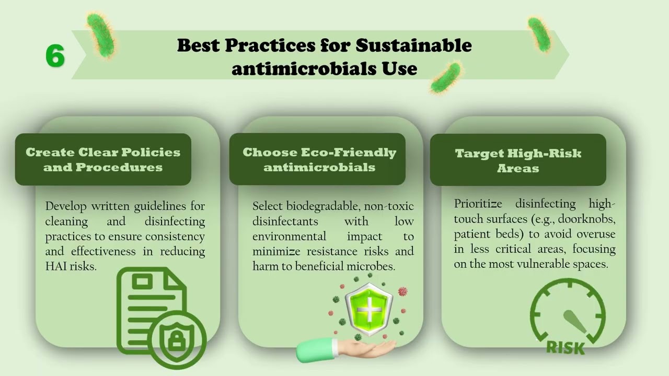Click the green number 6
(55, 56)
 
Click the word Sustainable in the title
(413, 45)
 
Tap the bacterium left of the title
(100, 35)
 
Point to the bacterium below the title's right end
(445, 77)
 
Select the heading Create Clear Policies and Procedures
(103, 160)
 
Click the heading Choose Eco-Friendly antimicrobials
(319, 160)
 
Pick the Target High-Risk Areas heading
(518, 161)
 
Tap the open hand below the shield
(345, 349)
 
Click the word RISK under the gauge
(565, 347)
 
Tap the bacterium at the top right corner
(539, 34)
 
